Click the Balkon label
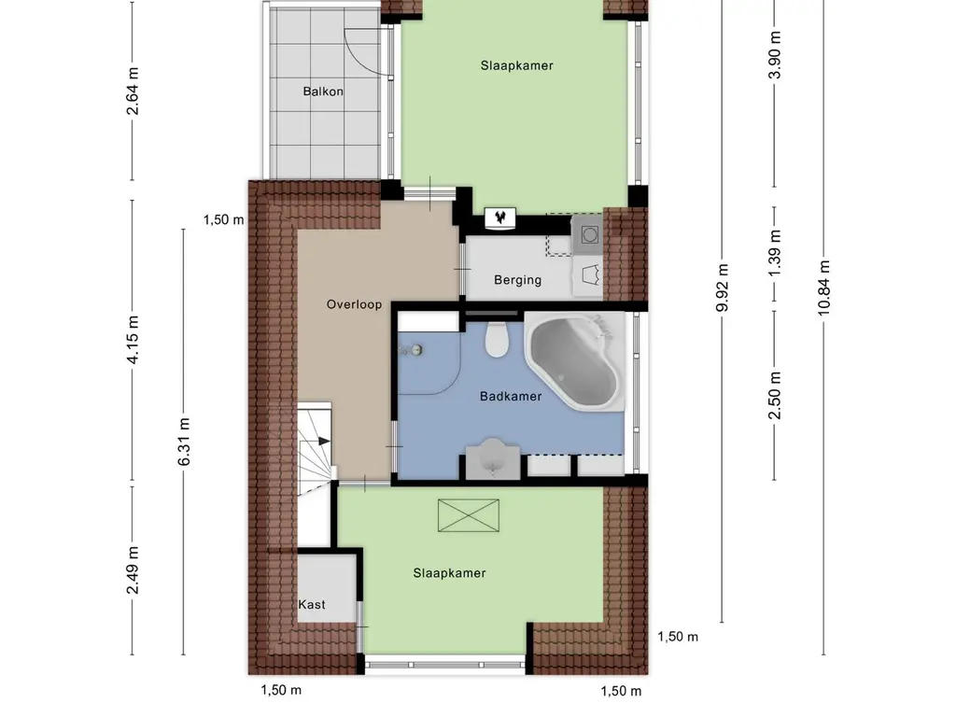tap(323, 91)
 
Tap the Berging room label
tap(517, 280)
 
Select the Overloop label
tap(354, 304)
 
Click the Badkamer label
tap(511, 396)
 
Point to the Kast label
tap(312, 605)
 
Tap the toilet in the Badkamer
tap(497, 340)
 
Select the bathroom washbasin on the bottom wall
tap(493, 458)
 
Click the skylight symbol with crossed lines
tap(469, 515)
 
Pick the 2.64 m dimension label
tap(133, 91)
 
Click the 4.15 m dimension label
tap(133, 340)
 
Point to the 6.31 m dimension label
tap(184, 442)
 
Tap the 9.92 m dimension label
tap(723, 288)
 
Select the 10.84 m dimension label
tap(824, 288)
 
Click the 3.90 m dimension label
tap(775, 55)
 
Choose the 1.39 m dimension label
tap(775, 253)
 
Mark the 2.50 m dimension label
tap(775, 396)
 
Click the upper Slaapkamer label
tap(517, 66)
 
